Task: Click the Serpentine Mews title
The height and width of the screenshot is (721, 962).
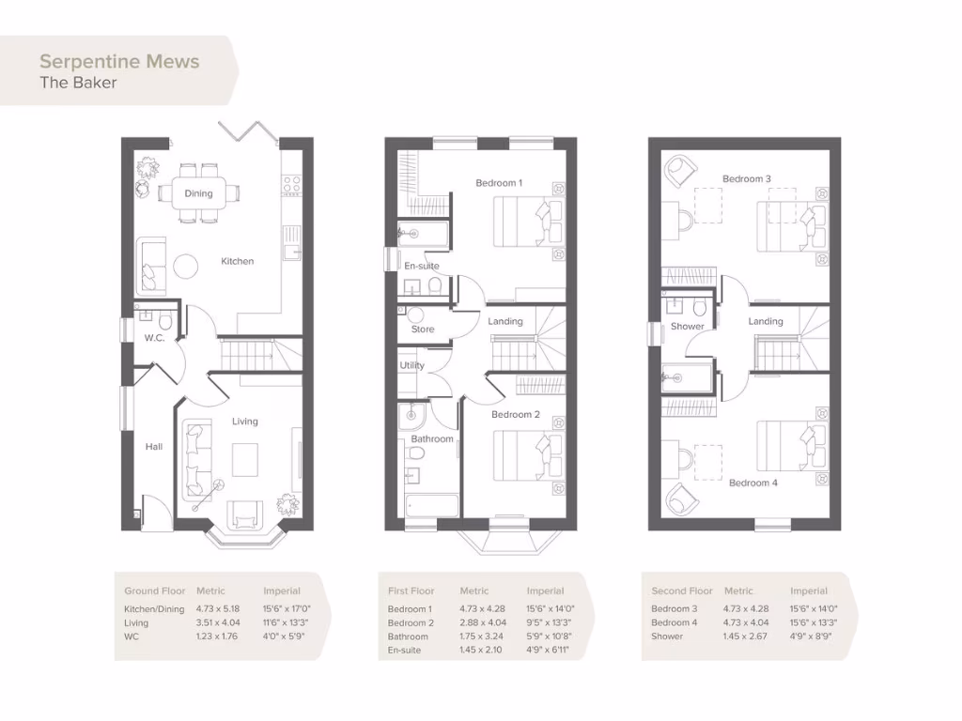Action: coord(119,62)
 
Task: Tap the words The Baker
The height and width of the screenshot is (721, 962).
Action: coord(78,83)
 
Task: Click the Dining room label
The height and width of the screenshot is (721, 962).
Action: coord(198,193)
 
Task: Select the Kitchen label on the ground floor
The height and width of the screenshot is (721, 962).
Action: coord(237,261)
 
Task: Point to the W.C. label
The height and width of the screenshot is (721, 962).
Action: coord(154,338)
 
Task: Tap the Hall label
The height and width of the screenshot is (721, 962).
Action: coord(153,447)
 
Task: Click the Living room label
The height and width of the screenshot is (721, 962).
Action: coord(245,422)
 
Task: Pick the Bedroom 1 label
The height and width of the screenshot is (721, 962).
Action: coord(499,183)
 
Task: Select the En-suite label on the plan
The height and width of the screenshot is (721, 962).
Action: coord(421,267)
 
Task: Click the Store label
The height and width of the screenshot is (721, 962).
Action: coord(423,330)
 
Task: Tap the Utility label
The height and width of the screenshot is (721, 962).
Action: coord(411,365)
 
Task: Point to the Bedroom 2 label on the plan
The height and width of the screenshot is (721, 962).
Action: coord(516,414)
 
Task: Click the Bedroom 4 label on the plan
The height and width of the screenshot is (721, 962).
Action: coord(753,483)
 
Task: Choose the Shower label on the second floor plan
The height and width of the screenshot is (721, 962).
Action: coord(687,327)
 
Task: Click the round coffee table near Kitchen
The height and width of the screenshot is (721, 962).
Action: coord(187,267)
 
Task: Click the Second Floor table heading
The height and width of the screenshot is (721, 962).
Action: coord(681,591)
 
